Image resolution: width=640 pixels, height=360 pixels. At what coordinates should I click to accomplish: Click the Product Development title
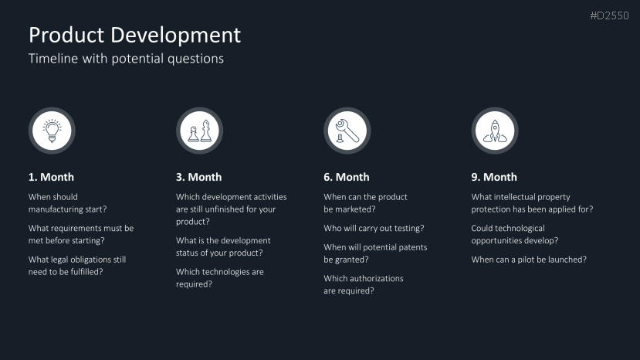134,36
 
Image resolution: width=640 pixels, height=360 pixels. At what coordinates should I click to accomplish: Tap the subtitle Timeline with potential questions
126,59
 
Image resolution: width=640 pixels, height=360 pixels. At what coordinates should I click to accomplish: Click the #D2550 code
609,15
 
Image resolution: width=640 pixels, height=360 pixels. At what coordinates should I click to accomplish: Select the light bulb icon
52,131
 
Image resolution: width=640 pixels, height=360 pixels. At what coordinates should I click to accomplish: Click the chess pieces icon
200,131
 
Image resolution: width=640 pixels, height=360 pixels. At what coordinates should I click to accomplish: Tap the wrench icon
347,131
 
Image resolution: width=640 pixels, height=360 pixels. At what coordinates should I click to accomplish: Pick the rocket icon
495,131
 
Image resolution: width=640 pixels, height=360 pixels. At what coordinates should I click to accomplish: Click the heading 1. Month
51,177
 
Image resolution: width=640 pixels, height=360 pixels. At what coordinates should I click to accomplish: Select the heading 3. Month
198,177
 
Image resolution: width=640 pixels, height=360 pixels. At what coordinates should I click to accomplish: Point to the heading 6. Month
347,177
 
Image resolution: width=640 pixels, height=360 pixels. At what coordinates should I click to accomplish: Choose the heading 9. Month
494,177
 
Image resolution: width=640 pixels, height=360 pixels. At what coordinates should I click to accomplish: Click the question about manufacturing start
67,203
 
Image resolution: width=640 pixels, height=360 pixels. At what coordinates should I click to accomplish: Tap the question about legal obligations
77,266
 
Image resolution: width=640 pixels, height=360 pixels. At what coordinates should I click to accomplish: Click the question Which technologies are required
219,278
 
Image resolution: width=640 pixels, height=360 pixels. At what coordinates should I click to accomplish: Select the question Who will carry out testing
374,228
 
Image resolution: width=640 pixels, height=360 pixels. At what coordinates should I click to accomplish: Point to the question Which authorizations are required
364,284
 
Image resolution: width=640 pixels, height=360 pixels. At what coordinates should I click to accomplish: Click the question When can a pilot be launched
529,260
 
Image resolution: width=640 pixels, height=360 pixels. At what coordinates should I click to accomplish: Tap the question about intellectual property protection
532,203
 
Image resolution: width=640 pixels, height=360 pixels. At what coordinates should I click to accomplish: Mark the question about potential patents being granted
375,253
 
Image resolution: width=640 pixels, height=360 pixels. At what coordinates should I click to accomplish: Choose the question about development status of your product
223,246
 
